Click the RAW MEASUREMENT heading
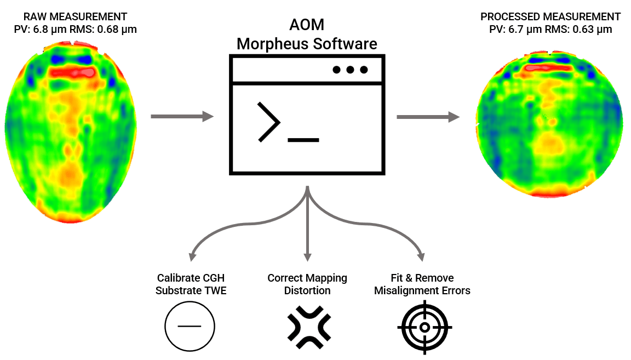point(75,16)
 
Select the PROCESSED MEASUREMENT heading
point(550,16)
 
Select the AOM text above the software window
point(307,26)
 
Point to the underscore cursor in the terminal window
point(303,140)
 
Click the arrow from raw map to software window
point(182,116)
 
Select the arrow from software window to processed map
point(428,116)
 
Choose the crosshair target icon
point(425,327)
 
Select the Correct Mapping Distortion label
point(307,284)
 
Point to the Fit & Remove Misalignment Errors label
point(422,284)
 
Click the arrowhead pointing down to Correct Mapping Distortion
point(308,256)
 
